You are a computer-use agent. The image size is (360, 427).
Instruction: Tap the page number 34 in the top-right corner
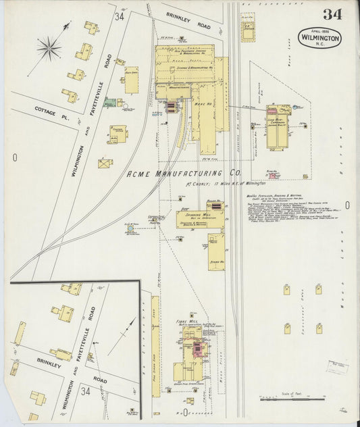pyautogui.click(x=332, y=14)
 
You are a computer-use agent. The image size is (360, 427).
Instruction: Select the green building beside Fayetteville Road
pyautogui.click(x=109, y=103)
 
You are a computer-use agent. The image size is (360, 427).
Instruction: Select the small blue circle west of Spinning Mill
pyautogui.click(x=130, y=229)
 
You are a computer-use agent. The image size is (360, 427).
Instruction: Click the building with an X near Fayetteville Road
pyautogui.click(x=105, y=163)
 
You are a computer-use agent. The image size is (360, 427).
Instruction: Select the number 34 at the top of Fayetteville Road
pyautogui.click(x=120, y=16)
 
